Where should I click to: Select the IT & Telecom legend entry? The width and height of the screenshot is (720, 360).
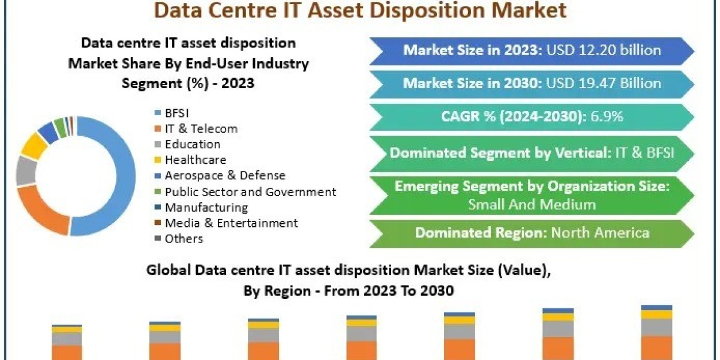(196, 128)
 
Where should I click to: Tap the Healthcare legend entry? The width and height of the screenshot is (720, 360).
(190, 160)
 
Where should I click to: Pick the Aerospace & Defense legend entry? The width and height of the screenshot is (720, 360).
(220, 175)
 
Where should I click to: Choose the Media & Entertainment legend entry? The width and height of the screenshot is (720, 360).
(226, 223)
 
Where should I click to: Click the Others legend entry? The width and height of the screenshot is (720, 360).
(179, 239)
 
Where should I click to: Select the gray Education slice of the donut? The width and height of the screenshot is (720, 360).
(26, 171)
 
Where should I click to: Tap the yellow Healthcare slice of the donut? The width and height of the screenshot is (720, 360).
(34, 146)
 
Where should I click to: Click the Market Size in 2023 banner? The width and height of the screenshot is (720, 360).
(532, 51)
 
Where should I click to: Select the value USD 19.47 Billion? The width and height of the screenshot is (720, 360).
(604, 83)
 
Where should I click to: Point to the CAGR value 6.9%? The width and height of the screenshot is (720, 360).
(607, 116)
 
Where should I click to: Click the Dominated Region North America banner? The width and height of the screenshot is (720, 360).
(532, 233)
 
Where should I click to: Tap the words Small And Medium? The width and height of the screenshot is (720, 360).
(532, 205)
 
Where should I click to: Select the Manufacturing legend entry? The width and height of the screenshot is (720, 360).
(201, 208)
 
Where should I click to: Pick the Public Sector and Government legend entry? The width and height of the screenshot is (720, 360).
(245, 192)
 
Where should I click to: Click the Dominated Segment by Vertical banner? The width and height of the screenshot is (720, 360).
(532, 154)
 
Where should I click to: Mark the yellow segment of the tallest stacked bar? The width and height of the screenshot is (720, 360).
(656, 314)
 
